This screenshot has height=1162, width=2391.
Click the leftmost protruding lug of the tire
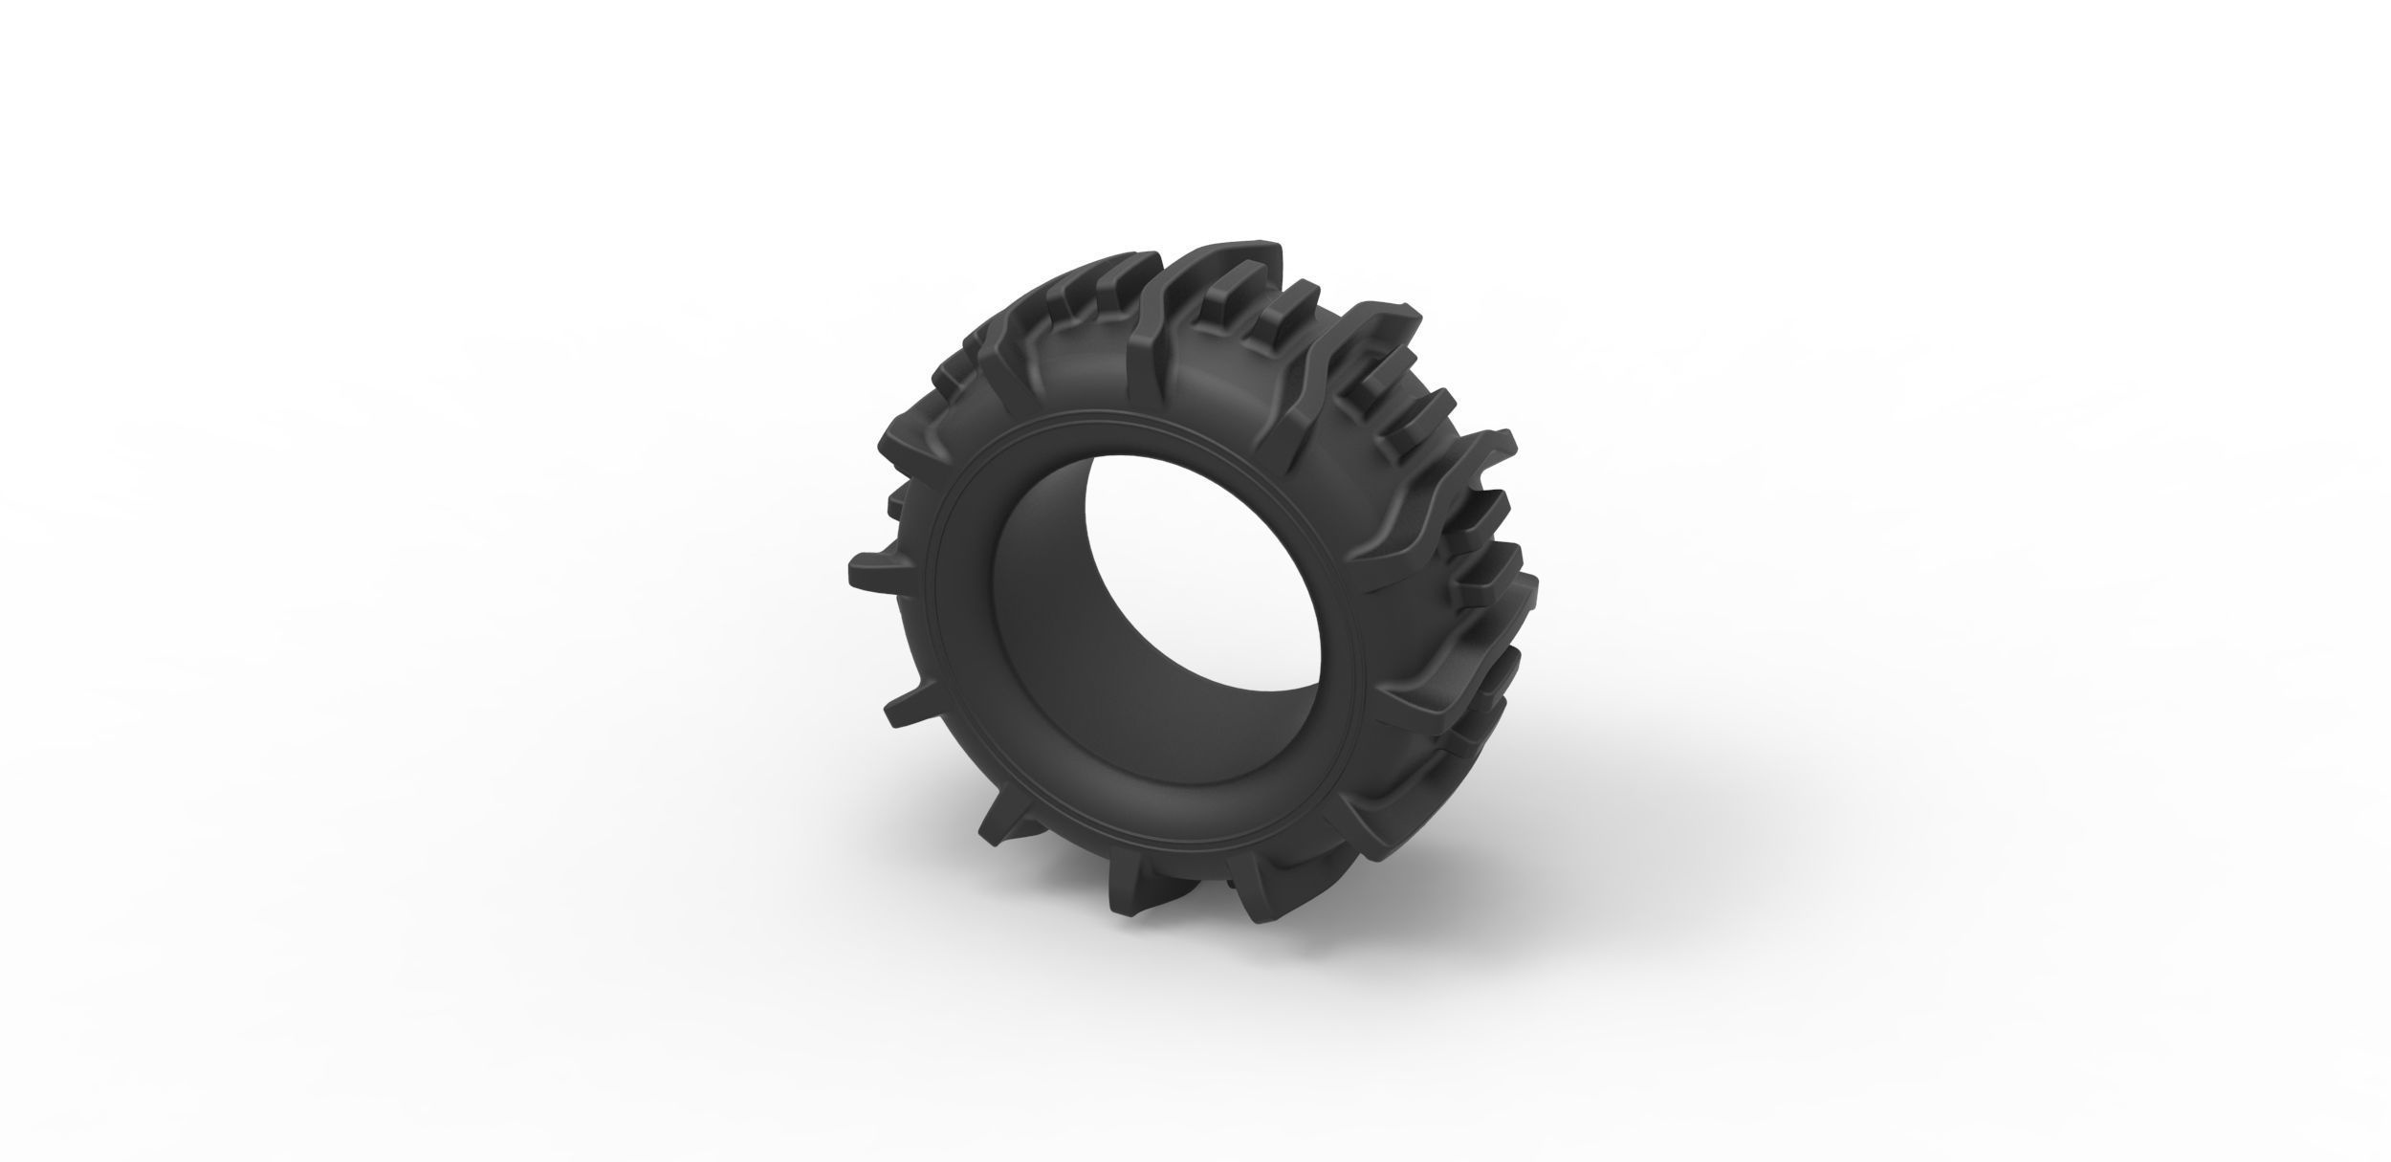point(866,572)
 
